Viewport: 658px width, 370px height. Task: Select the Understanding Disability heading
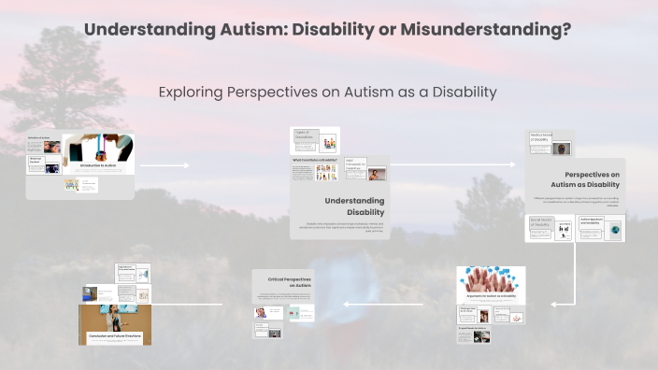[x=354, y=206]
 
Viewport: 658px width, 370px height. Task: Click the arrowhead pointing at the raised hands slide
[x=553, y=304]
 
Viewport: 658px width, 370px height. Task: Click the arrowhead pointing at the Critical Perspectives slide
[x=346, y=304]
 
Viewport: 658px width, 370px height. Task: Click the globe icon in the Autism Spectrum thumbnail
[x=615, y=229]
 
